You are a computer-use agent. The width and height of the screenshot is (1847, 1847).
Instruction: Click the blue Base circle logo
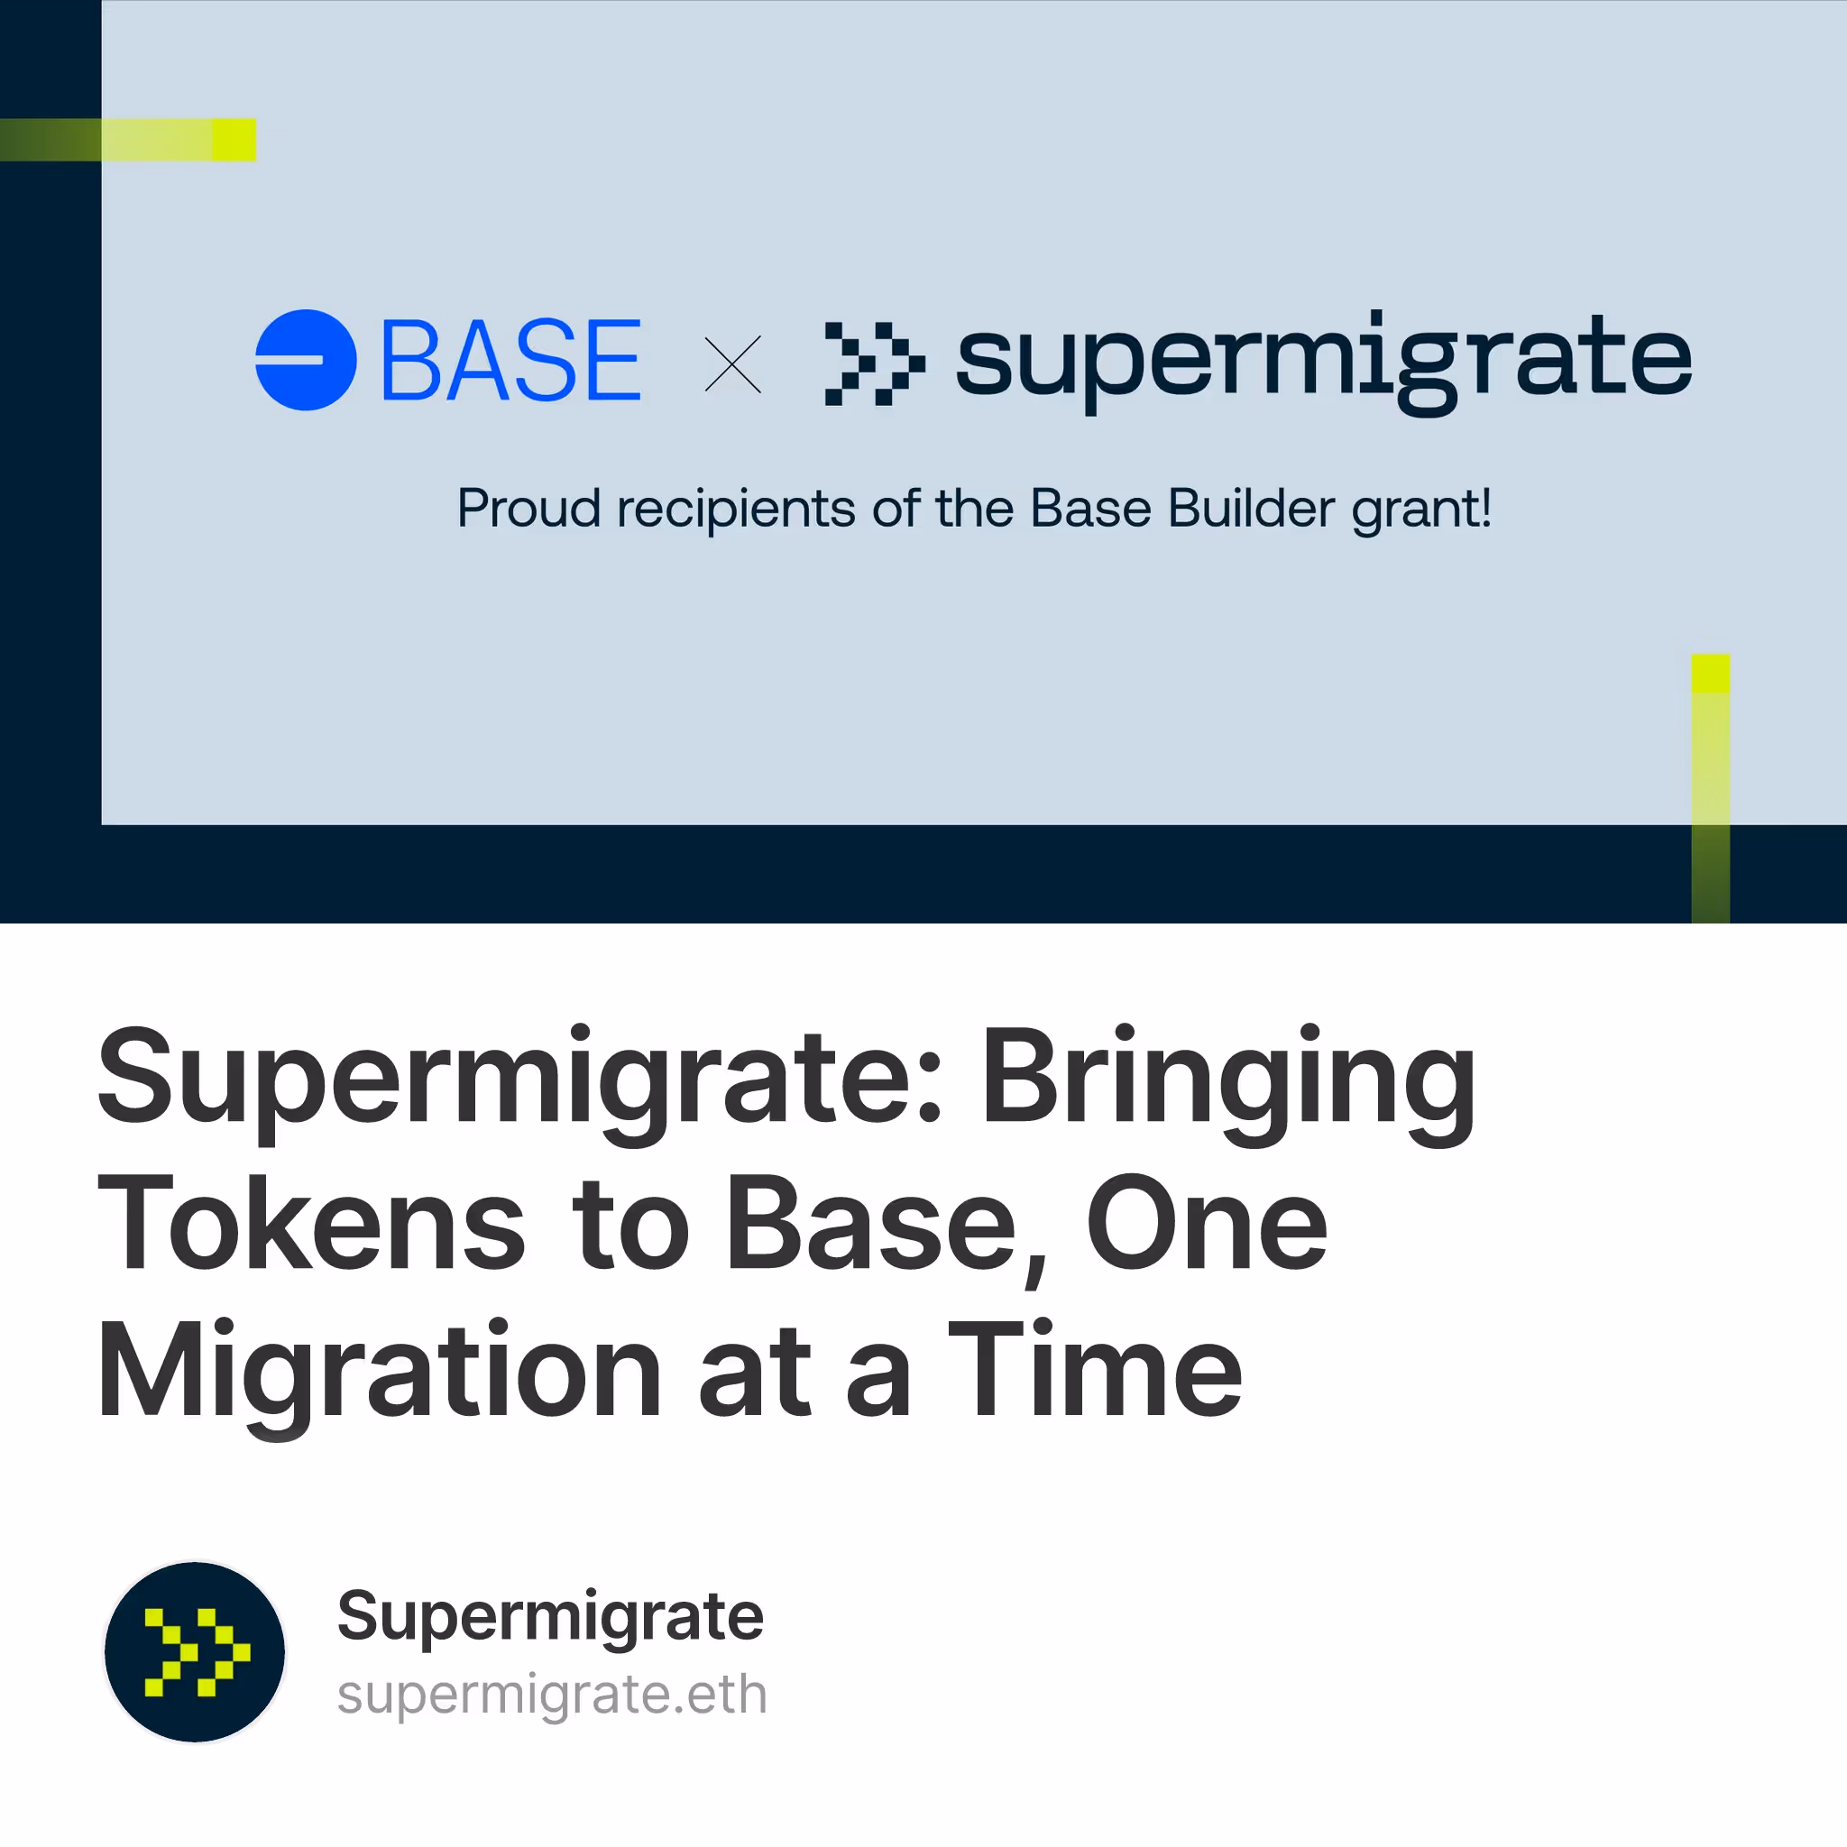[306, 361]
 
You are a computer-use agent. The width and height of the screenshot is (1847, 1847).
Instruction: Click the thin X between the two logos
[733, 364]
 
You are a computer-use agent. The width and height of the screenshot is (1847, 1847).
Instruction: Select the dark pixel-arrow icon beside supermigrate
[875, 363]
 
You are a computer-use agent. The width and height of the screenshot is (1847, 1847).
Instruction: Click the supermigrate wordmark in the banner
[1324, 363]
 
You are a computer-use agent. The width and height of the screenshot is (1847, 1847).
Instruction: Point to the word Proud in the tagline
[528, 508]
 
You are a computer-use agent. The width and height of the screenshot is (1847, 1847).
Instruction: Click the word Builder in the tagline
[1252, 508]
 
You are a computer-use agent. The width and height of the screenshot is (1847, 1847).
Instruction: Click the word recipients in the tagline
[736, 510]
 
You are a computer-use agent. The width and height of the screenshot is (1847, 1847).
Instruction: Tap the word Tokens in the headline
[312, 1223]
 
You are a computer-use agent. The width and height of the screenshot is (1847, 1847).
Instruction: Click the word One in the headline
[1207, 1223]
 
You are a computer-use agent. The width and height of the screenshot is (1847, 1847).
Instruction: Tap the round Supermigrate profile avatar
[195, 1652]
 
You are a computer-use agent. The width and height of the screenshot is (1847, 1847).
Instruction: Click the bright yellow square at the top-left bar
[234, 140]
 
